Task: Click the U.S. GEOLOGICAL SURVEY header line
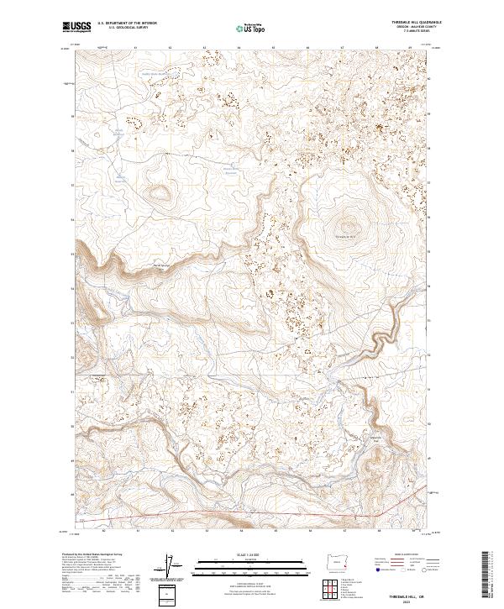pyautogui.click(x=122, y=28)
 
